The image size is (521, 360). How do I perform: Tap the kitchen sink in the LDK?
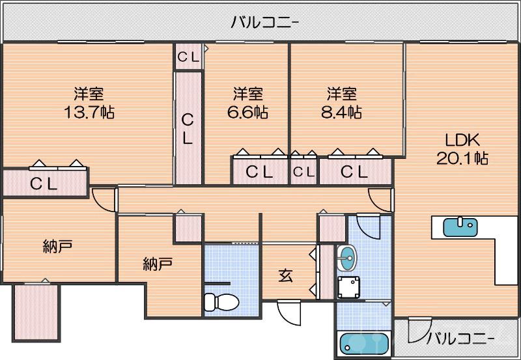[x=460, y=227]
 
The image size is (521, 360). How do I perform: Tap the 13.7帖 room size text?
[x=89, y=112]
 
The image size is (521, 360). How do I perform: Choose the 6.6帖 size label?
[x=247, y=112]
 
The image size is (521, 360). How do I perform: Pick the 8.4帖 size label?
[x=341, y=112]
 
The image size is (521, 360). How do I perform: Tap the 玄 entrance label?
[x=286, y=275]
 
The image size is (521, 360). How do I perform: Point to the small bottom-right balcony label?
[x=460, y=338]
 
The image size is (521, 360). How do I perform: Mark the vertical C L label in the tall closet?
[x=188, y=128]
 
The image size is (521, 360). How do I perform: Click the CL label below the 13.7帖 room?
[x=44, y=184]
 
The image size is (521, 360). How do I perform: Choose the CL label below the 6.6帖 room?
[x=259, y=173]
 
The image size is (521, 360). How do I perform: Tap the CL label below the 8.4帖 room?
[x=354, y=173]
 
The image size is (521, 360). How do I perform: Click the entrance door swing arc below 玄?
[x=290, y=314]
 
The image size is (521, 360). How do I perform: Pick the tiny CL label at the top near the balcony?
[x=189, y=57]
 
